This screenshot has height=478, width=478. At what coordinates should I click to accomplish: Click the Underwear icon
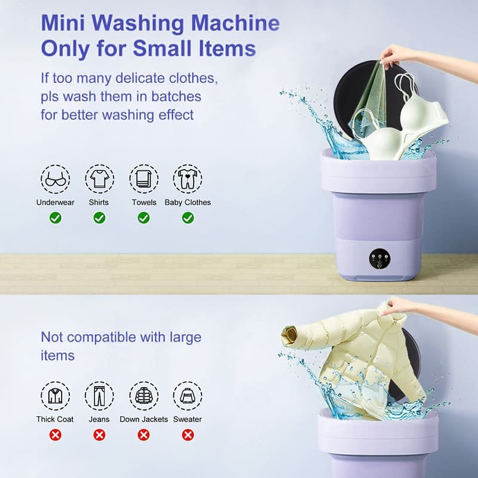[55, 179]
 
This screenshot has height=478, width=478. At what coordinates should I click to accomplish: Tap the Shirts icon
[99, 179]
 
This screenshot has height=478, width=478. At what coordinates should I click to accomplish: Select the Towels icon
[143, 179]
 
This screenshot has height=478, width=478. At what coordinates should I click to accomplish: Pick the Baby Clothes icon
[188, 179]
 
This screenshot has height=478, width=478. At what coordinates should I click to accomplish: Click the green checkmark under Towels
[143, 218]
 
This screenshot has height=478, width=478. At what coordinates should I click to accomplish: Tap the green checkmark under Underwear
[55, 218]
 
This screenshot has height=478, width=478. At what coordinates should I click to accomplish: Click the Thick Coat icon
[55, 396]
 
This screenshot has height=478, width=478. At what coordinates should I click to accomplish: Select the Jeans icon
[99, 396]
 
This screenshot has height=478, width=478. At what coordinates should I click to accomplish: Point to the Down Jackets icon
[143, 396]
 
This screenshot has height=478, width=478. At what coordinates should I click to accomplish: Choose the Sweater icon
[188, 396]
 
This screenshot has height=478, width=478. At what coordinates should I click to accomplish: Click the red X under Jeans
[99, 435]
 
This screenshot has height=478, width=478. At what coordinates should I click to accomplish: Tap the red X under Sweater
[188, 435]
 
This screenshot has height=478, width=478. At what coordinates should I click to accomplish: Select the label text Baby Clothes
[188, 203]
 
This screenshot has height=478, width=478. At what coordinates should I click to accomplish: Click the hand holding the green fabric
[396, 55]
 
